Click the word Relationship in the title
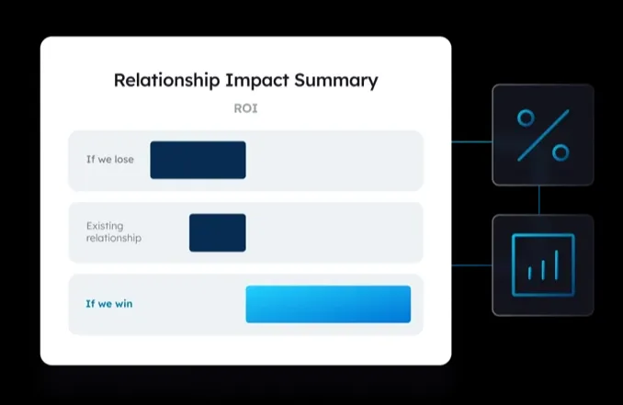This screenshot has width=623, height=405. [x=167, y=81]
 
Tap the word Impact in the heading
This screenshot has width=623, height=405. [x=257, y=81]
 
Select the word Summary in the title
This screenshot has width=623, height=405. [x=336, y=81]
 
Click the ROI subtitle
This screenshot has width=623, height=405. [x=245, y=108]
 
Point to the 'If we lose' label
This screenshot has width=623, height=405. [x=110, y=159]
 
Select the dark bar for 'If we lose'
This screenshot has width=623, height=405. [x=198, y=160]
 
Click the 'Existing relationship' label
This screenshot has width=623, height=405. [x=114, y=231]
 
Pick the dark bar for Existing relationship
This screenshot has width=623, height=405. [x=218, y=232]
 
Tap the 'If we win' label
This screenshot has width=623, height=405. [x=109, y=304]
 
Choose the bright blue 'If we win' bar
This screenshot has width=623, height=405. [x=328, y=304]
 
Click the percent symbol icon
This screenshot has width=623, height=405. [x=543, y=135]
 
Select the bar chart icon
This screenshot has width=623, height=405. [x=543, y=265]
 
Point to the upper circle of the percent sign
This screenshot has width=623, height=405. [x=526, y=118]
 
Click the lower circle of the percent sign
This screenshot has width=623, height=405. [x=561, y=152]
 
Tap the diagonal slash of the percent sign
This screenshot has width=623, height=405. [x=543, y=135]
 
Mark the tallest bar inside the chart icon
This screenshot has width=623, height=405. [x=557, y=264]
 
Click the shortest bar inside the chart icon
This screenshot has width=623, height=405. [x=529, y=273]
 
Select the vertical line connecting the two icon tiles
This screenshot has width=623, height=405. [x=539, y=200]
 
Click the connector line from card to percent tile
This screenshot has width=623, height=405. [x=471, y=141]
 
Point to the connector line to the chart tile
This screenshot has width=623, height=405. [x=471, y=265]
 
